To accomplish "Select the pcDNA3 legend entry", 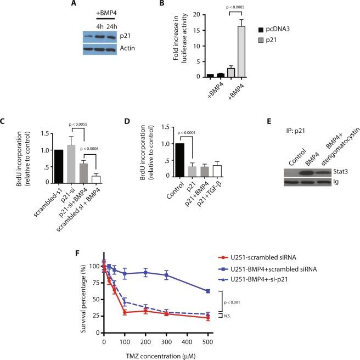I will pos(277,26).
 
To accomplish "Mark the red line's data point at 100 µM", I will pos(125,312).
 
